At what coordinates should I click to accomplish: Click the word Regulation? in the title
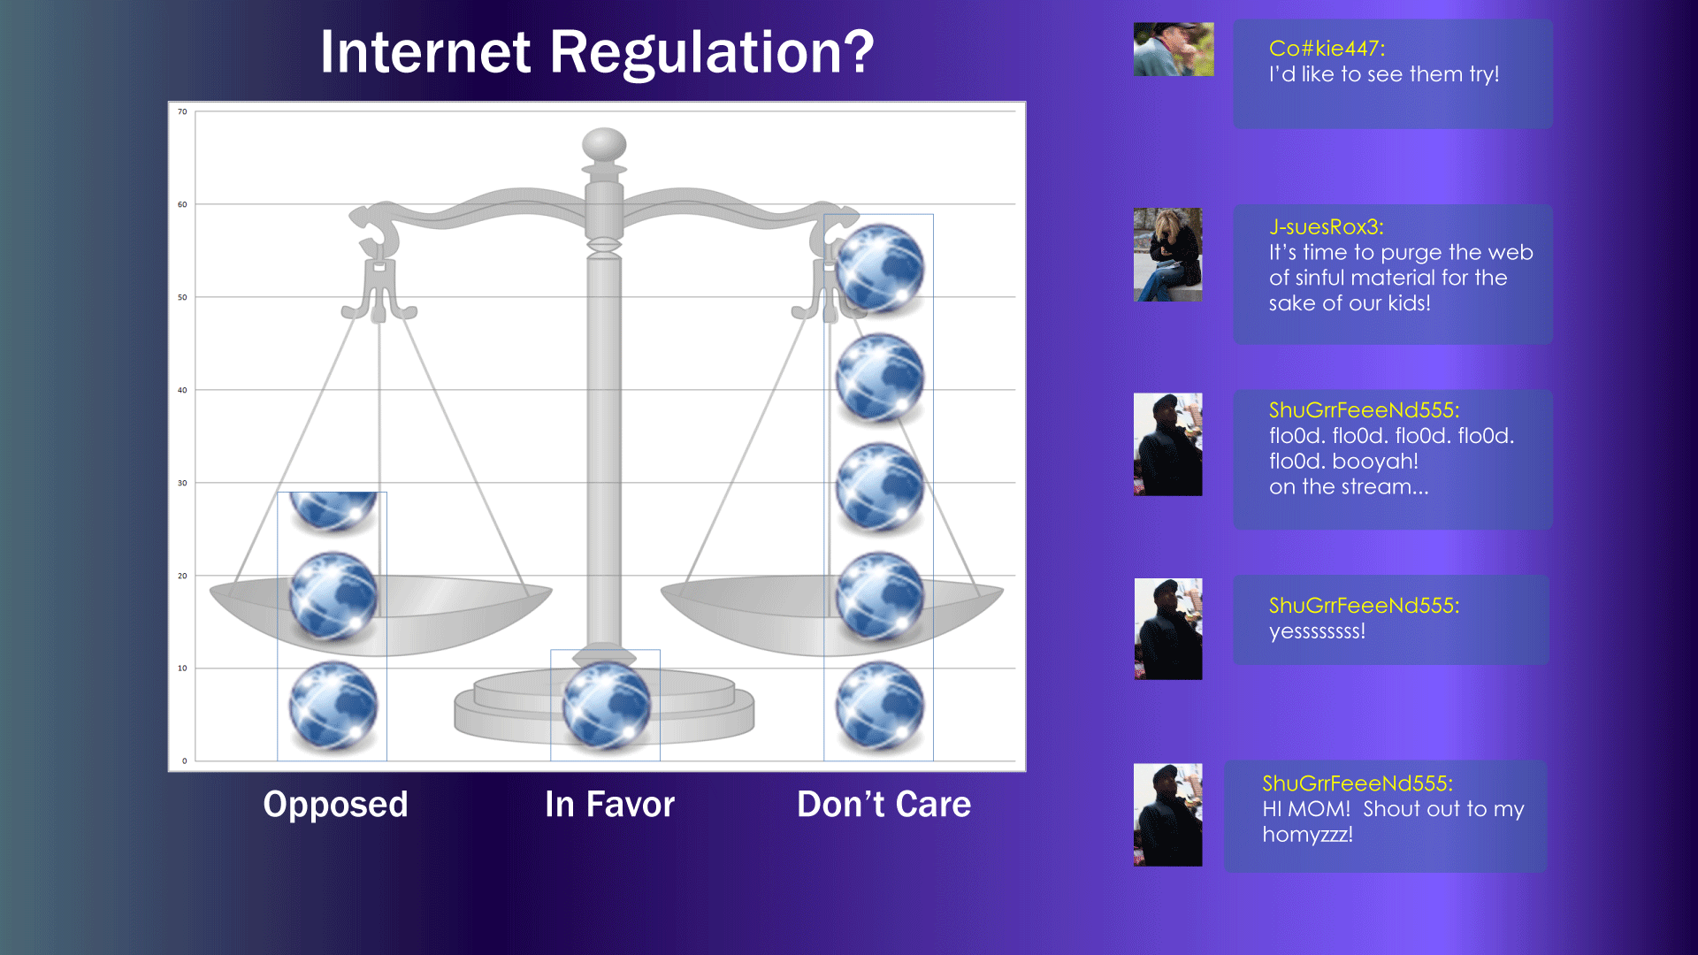(712, 53)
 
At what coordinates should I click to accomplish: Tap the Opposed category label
(335, 805)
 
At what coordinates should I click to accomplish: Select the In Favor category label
(609, 805)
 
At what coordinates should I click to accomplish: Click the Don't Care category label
(883, 805)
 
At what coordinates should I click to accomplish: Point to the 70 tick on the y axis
(182, 111)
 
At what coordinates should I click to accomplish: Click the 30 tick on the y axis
(182, 483)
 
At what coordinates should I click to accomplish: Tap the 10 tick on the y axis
(182, 668)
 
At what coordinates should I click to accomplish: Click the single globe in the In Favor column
(607, 706)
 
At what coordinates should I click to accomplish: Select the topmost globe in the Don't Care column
(880, 268)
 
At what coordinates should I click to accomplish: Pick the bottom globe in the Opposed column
(333, 706)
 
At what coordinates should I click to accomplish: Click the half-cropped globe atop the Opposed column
(333, 511)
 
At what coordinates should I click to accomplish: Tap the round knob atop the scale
(604, 144)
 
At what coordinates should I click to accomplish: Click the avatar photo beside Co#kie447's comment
(1174, 50)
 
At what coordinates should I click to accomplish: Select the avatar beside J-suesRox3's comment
(1167, 255)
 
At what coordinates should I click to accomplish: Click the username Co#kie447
(1327, 49)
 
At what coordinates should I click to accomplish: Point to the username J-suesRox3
(1326, 227)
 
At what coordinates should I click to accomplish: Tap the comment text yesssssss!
(1317, 631)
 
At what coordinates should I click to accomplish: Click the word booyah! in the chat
(1375, 462)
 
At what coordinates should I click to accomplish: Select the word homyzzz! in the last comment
(1307, 835)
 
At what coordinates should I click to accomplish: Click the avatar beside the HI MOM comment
(1167, 814)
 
